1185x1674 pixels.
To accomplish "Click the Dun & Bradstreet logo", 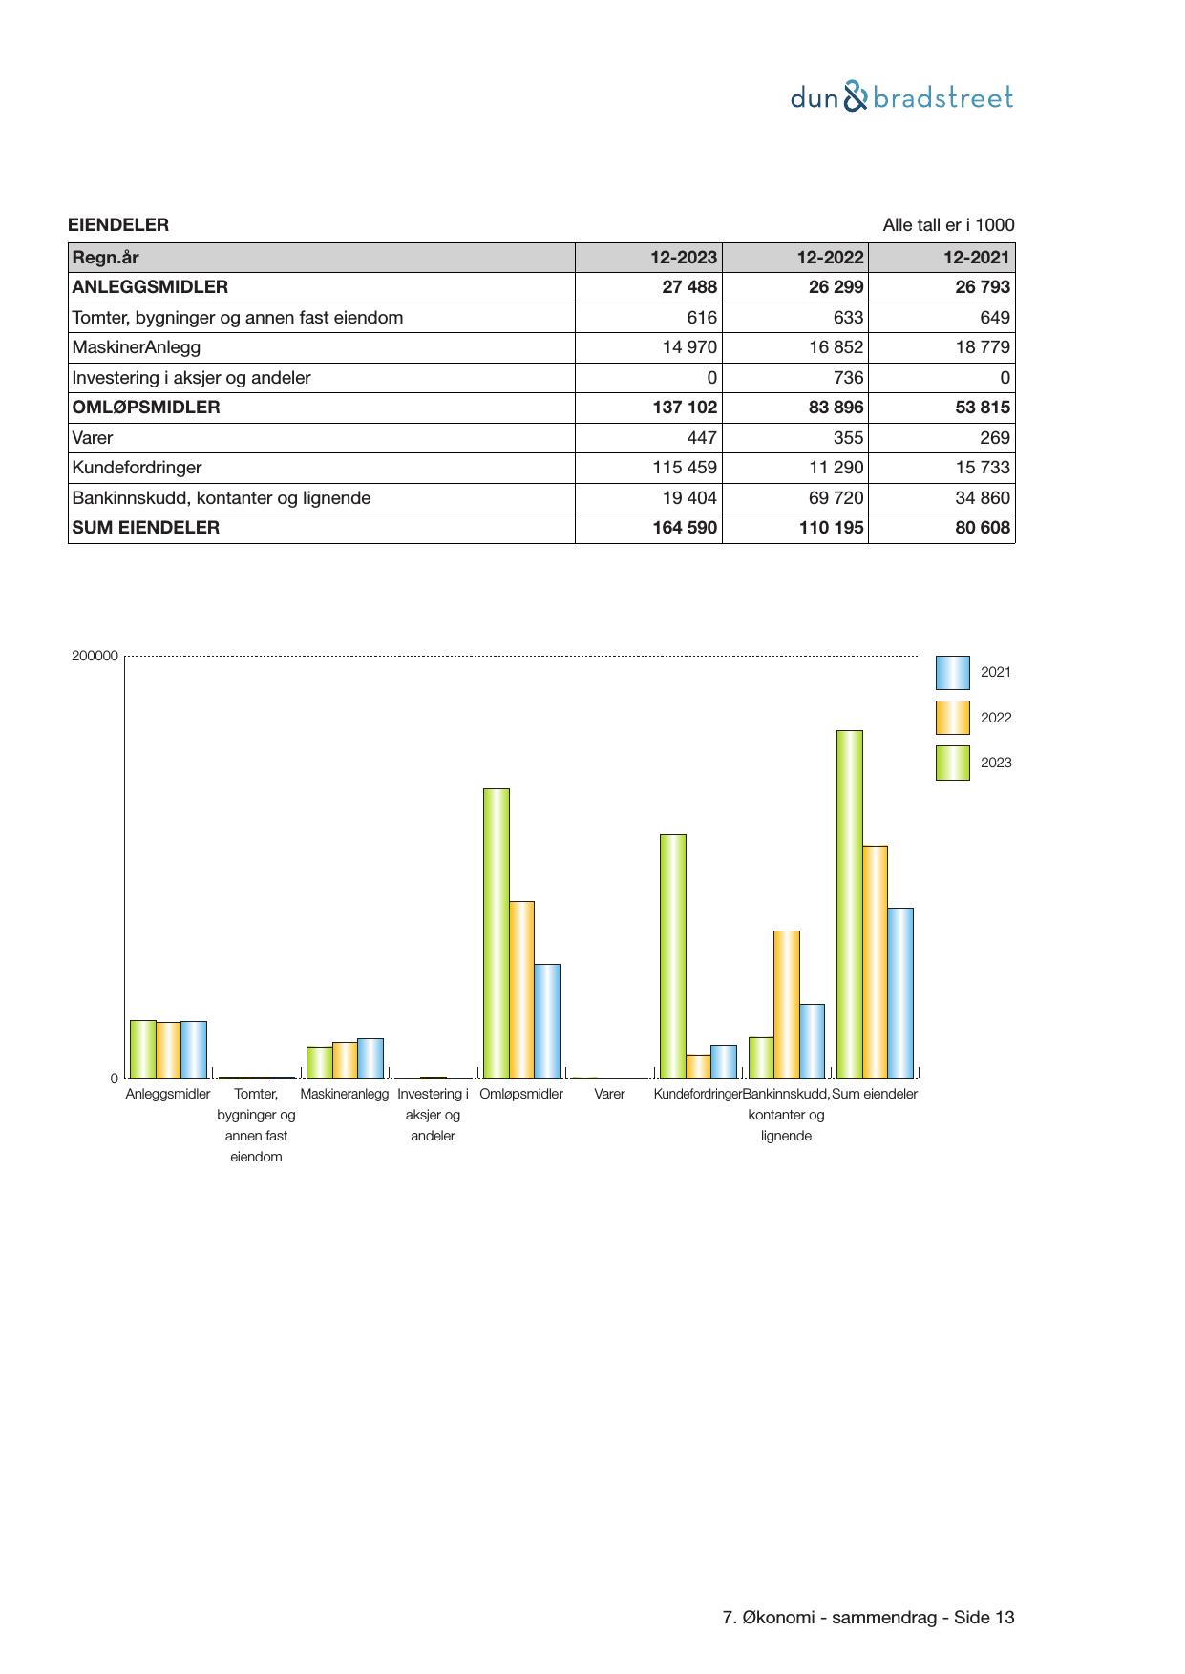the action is point(901,97).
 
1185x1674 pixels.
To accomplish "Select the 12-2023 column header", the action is point(684,258).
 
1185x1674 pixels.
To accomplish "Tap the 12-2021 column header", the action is point(977,258).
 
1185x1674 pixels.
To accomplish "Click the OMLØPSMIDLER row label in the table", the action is point(146,408).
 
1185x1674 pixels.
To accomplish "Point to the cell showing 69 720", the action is point(836,498).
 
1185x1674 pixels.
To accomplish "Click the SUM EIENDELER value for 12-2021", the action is point(983,528).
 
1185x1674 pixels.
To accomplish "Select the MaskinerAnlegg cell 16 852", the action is point(836,347).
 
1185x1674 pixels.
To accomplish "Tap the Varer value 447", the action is point(702,438).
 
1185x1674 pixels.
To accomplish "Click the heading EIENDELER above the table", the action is point(118,225).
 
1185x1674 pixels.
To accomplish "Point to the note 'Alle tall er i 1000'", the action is point(948,225).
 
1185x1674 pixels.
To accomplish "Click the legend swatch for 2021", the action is point(952,673).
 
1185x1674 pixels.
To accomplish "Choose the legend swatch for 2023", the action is point(952,764).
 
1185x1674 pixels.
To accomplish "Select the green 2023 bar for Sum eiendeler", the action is point(850,904).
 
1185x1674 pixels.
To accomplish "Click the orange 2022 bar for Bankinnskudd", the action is point(787,1004).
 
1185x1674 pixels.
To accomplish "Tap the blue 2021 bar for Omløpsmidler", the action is point(547,1021).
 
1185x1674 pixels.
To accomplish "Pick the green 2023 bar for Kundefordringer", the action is point(673,956).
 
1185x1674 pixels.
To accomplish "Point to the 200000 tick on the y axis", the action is point(95,656).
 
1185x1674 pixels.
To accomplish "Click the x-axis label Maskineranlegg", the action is point(345,1094).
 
